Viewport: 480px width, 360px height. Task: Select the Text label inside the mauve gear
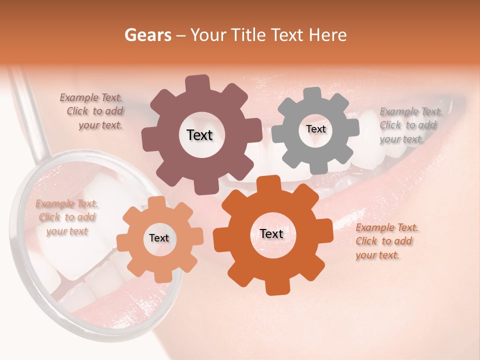[199, 135]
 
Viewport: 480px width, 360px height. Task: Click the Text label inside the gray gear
[315, 129]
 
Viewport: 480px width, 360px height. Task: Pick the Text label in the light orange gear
[159, 238]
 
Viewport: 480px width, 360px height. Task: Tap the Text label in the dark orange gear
[271, 234]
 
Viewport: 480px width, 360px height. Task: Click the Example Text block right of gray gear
[410, 125]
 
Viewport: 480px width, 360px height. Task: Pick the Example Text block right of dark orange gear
[386, 241]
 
